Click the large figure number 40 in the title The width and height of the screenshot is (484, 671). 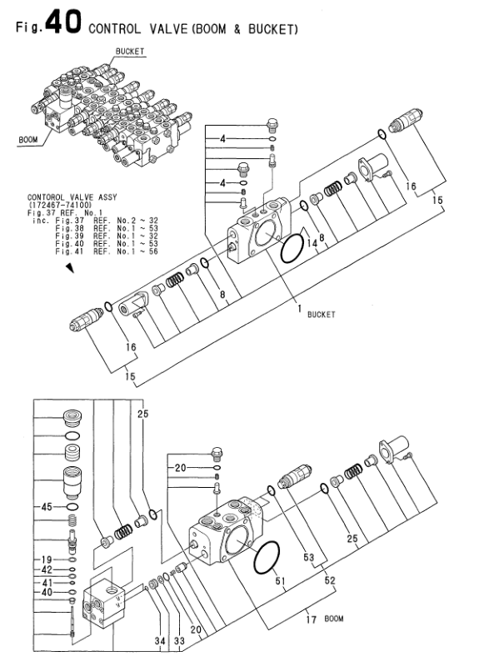[62, 22]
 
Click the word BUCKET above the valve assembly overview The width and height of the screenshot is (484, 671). [130, 52]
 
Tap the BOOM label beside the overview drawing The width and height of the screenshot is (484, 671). [28, 140]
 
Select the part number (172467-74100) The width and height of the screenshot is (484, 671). [59, 205]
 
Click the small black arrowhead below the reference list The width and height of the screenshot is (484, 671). [70, 268]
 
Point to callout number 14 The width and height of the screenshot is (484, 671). [312, 243]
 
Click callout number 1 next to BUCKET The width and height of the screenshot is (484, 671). [300, 308]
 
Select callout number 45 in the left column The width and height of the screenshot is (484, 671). [47, 507]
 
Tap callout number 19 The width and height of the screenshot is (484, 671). [47, 559]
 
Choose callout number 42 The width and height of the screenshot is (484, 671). [47, 569]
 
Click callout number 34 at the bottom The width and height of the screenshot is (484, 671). [160, 641]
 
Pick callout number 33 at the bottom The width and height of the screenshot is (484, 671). [179, 641]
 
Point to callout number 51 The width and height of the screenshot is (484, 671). [280, 581]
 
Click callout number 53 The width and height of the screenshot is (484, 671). [309, 557]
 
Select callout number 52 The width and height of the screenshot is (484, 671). [330, 580]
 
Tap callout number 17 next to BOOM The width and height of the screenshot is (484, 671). [312, 619]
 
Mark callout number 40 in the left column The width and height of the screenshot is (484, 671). [47, 592]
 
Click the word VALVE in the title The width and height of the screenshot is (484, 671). [169, 28]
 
